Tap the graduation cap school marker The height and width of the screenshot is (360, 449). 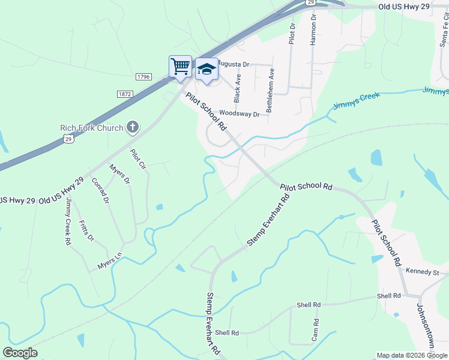pyautogui.click(x=206, y=69)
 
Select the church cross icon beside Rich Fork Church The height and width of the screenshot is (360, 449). pyautogui.click(x=133, y=127)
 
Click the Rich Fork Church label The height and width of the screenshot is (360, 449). pyautogui.click(x=91, y=127)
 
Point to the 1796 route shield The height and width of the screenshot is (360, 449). pyautogui.click(x=143, y=77)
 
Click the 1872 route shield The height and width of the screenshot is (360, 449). pyautogui.click(x=125, y=94)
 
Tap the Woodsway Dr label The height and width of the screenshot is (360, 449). pyautogui.click(x=239, y=113)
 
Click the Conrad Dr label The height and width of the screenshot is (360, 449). pyautogui.click(x=101, y=191)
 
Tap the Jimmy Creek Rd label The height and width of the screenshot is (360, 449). pyautogui.click(x=69, y=221)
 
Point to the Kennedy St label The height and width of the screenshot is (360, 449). pyautogui.click(x=423, y=272)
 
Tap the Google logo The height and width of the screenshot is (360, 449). pyautogui.click(x=20, y=353)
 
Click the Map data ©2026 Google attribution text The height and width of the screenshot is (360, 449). pyautogui.click(x=412, y=355)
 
